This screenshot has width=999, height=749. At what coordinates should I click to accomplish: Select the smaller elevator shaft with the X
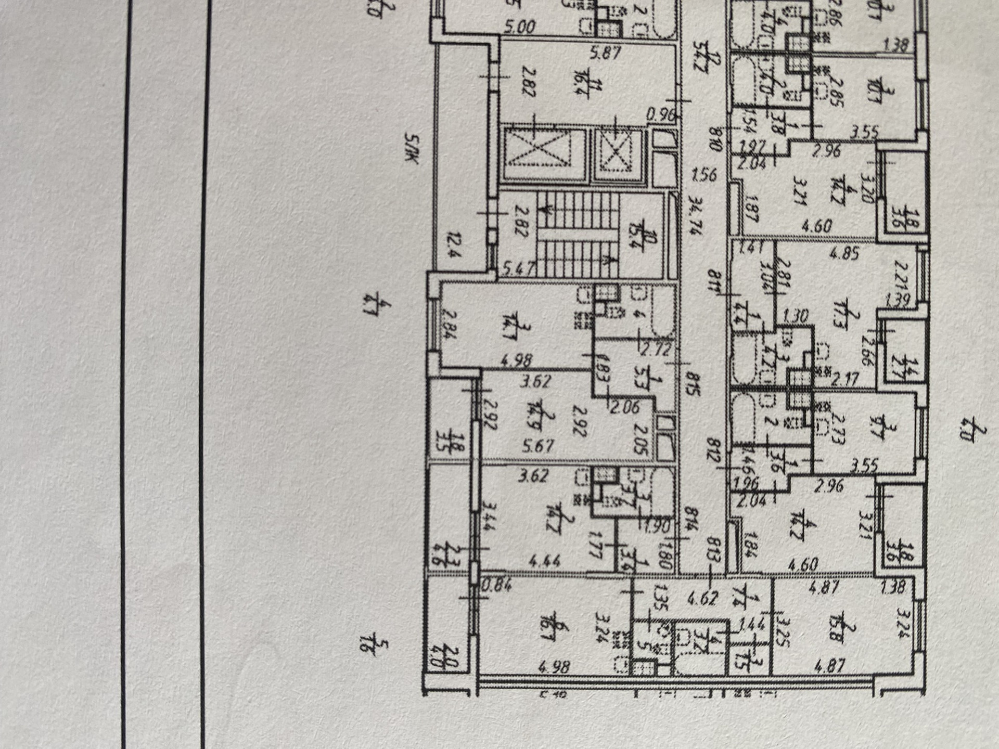[618, 154]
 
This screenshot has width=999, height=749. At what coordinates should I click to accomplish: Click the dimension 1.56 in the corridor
[705, 174]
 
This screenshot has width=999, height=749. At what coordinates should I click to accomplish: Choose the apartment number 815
[691, 382]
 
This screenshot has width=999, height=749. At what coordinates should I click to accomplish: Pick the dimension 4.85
[844, 254]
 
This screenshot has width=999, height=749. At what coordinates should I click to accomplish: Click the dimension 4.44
[544, 561]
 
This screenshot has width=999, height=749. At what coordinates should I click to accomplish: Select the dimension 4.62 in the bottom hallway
[702, 598]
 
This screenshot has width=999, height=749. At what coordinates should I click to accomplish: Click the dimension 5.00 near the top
[520, 27]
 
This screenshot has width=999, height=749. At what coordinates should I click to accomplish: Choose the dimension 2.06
[624, 406]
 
